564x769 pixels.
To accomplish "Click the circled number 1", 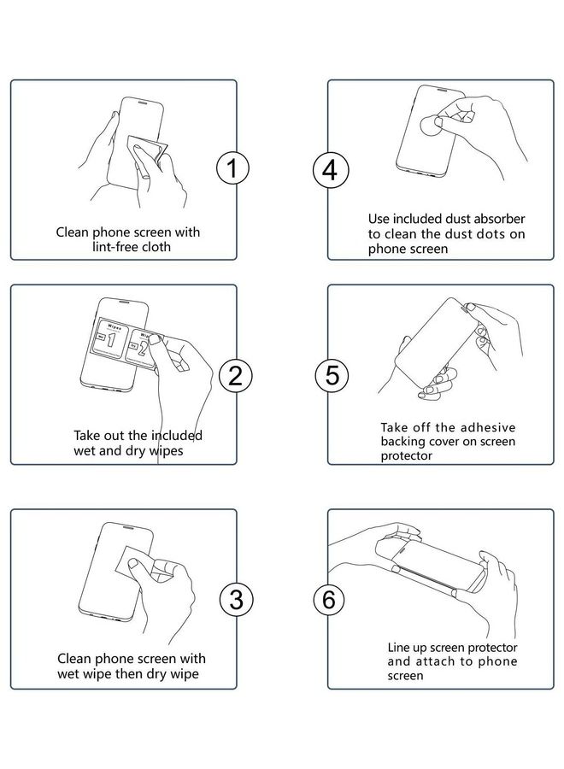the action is [x=232, y=168].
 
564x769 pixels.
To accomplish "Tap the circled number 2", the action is [x=235, y=375].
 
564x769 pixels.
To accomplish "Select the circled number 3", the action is [x=237, y=599].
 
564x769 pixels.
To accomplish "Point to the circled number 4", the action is [x=331, y=170].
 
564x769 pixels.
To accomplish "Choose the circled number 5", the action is [x=332, y=375].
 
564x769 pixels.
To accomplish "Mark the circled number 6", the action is [x=329, y=599].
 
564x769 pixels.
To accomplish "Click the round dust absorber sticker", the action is [x=431, y=126].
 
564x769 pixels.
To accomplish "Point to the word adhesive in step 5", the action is [x=488, y=427].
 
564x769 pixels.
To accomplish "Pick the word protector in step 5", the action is [x=407, y=455].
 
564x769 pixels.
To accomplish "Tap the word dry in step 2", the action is [x=135, y=451].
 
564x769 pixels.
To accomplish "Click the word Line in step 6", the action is [x=397, y=648].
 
